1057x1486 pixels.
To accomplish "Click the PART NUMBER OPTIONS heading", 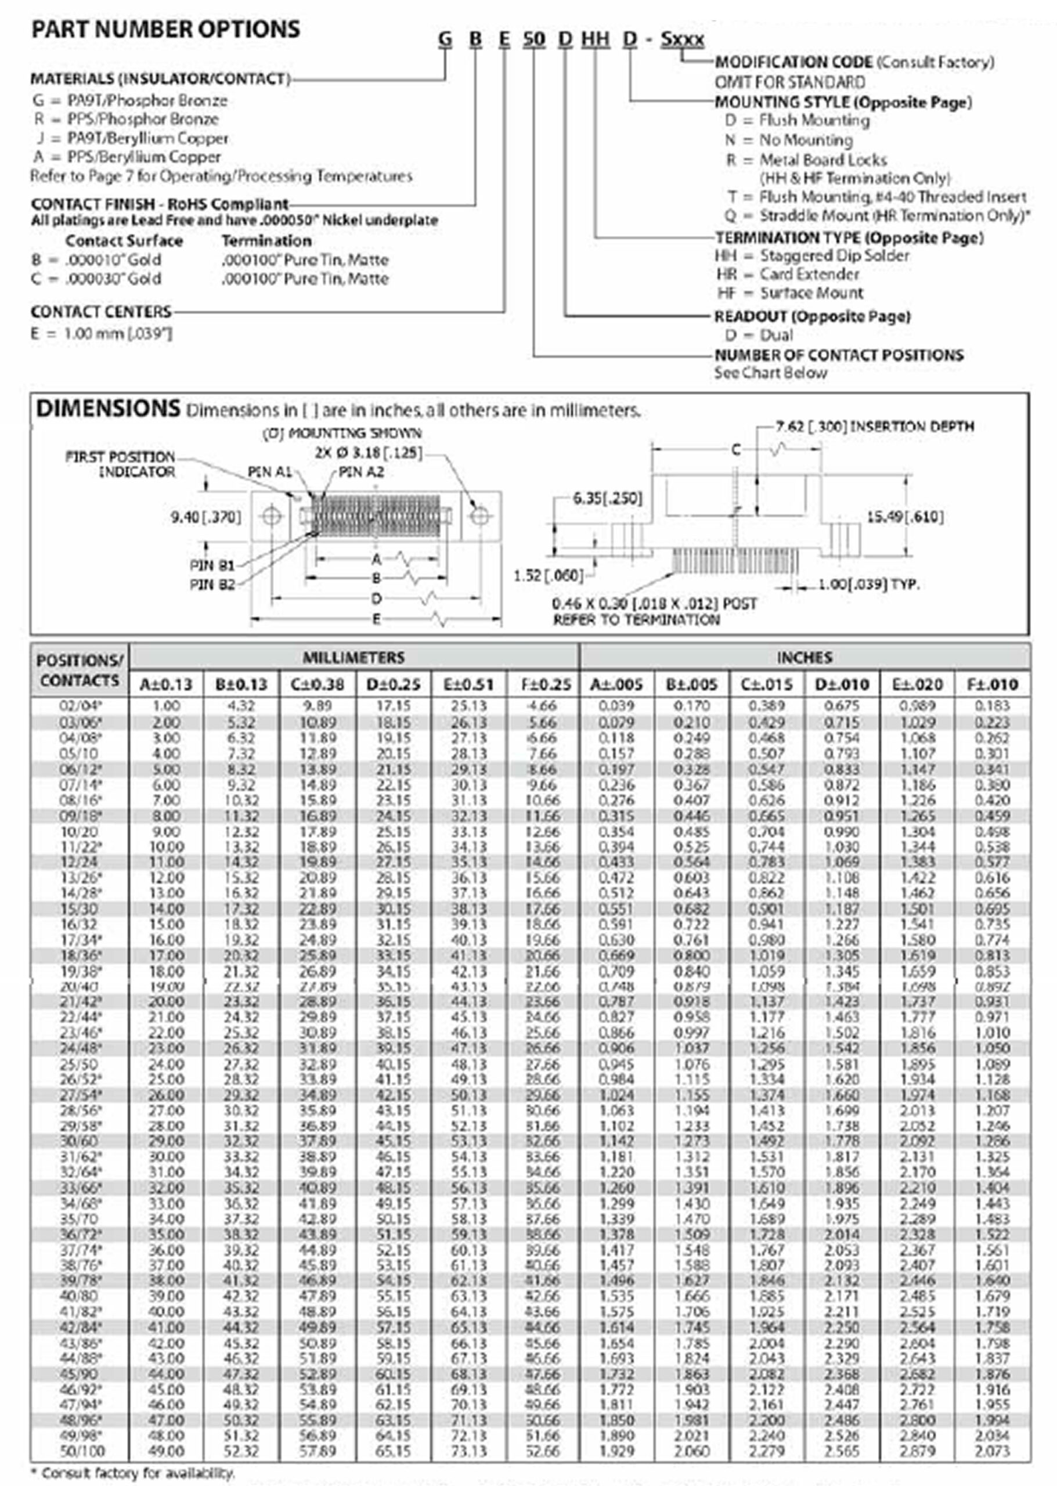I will pos(166,29).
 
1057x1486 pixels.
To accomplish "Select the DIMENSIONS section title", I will pos(107,409).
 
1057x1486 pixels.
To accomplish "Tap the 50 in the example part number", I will pos(533,39).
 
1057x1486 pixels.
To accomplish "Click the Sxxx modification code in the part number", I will pos(682,39).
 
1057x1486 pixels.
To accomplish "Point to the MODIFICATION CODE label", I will pos(793,63).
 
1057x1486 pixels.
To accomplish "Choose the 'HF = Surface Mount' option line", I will pos(790,293).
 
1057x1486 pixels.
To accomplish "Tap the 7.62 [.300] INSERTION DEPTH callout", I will pos(875,426).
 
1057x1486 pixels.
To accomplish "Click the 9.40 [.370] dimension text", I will pos(205,517).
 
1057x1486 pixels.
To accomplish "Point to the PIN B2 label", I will pos(212,585).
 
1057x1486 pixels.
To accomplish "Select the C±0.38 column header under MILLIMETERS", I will pos(318,685).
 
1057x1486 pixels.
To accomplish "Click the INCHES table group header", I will pos(804,658).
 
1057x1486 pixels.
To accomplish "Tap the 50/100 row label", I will pos(79,1451).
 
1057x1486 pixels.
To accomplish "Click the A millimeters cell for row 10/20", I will pos(166,832).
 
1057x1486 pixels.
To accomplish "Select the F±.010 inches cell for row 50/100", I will pos(992,1451).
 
